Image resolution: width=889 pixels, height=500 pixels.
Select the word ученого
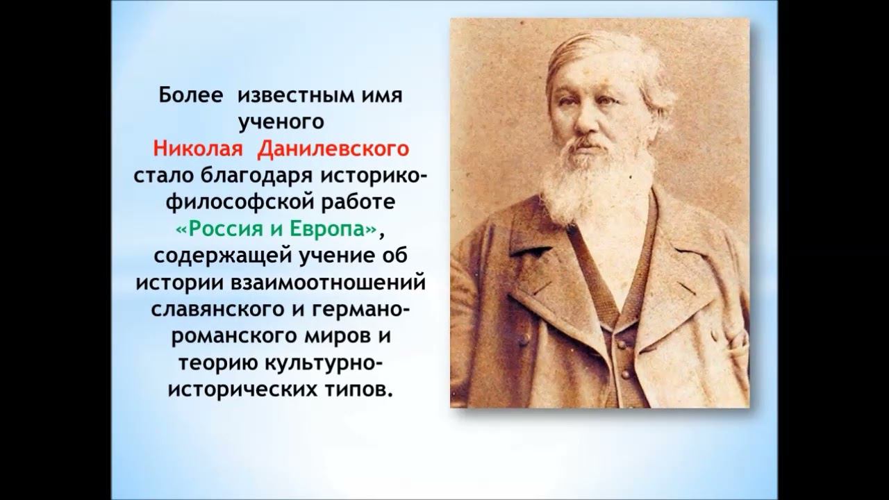pyautogui.click(x=281, y=122)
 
